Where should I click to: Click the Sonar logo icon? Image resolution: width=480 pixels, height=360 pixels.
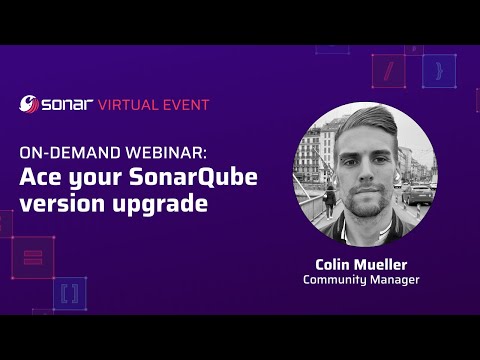[30, 103]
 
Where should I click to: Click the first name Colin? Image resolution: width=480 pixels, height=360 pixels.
[333, 264]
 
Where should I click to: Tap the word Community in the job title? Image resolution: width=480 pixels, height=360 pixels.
[337, 280]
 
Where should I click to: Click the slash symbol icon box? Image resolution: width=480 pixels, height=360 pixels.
[387, 69]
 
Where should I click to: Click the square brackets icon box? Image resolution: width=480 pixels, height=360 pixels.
[69, 293]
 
